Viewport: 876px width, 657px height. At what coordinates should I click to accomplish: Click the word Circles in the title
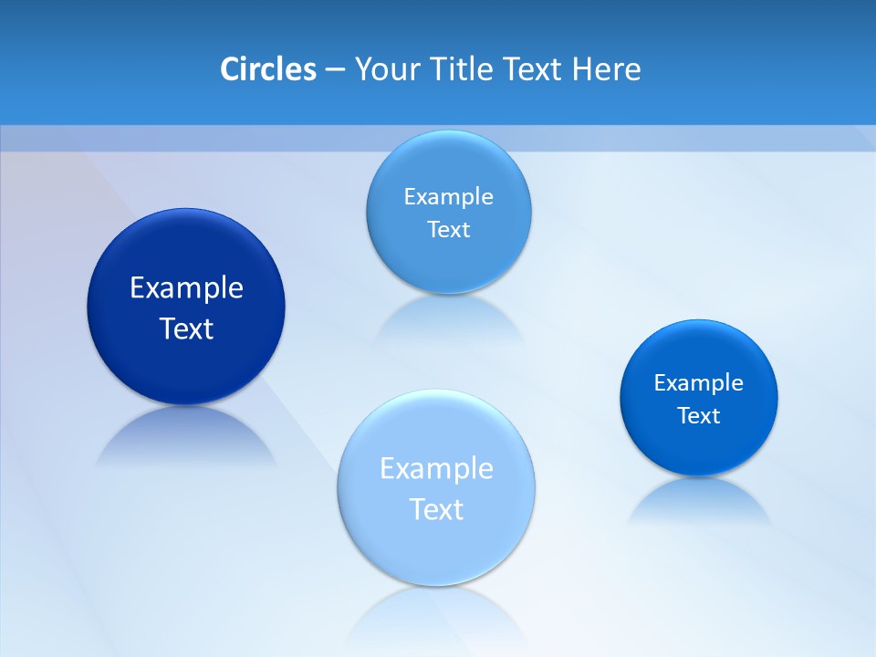[x=267, y=68]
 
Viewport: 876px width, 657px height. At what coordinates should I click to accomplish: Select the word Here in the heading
[x=606, y=68]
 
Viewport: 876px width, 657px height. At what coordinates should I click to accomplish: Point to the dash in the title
[x=335, y=69]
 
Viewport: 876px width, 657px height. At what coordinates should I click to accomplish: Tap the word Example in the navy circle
[x=186, y=287]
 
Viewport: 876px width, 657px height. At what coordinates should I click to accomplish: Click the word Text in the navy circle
[x=186, y=328]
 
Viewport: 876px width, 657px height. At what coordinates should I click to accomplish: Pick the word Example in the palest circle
[x=436, y=468]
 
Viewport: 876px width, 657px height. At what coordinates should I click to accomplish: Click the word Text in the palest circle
[x=436, y=509]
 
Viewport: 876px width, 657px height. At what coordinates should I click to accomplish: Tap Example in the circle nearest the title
[x=448, y=196]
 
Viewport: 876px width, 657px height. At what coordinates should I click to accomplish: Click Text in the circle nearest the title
[x=448, y=229]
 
